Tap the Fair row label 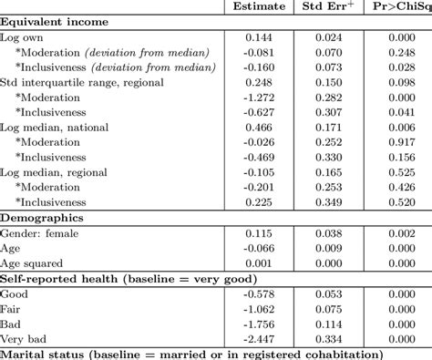click(x=15, y=308)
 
